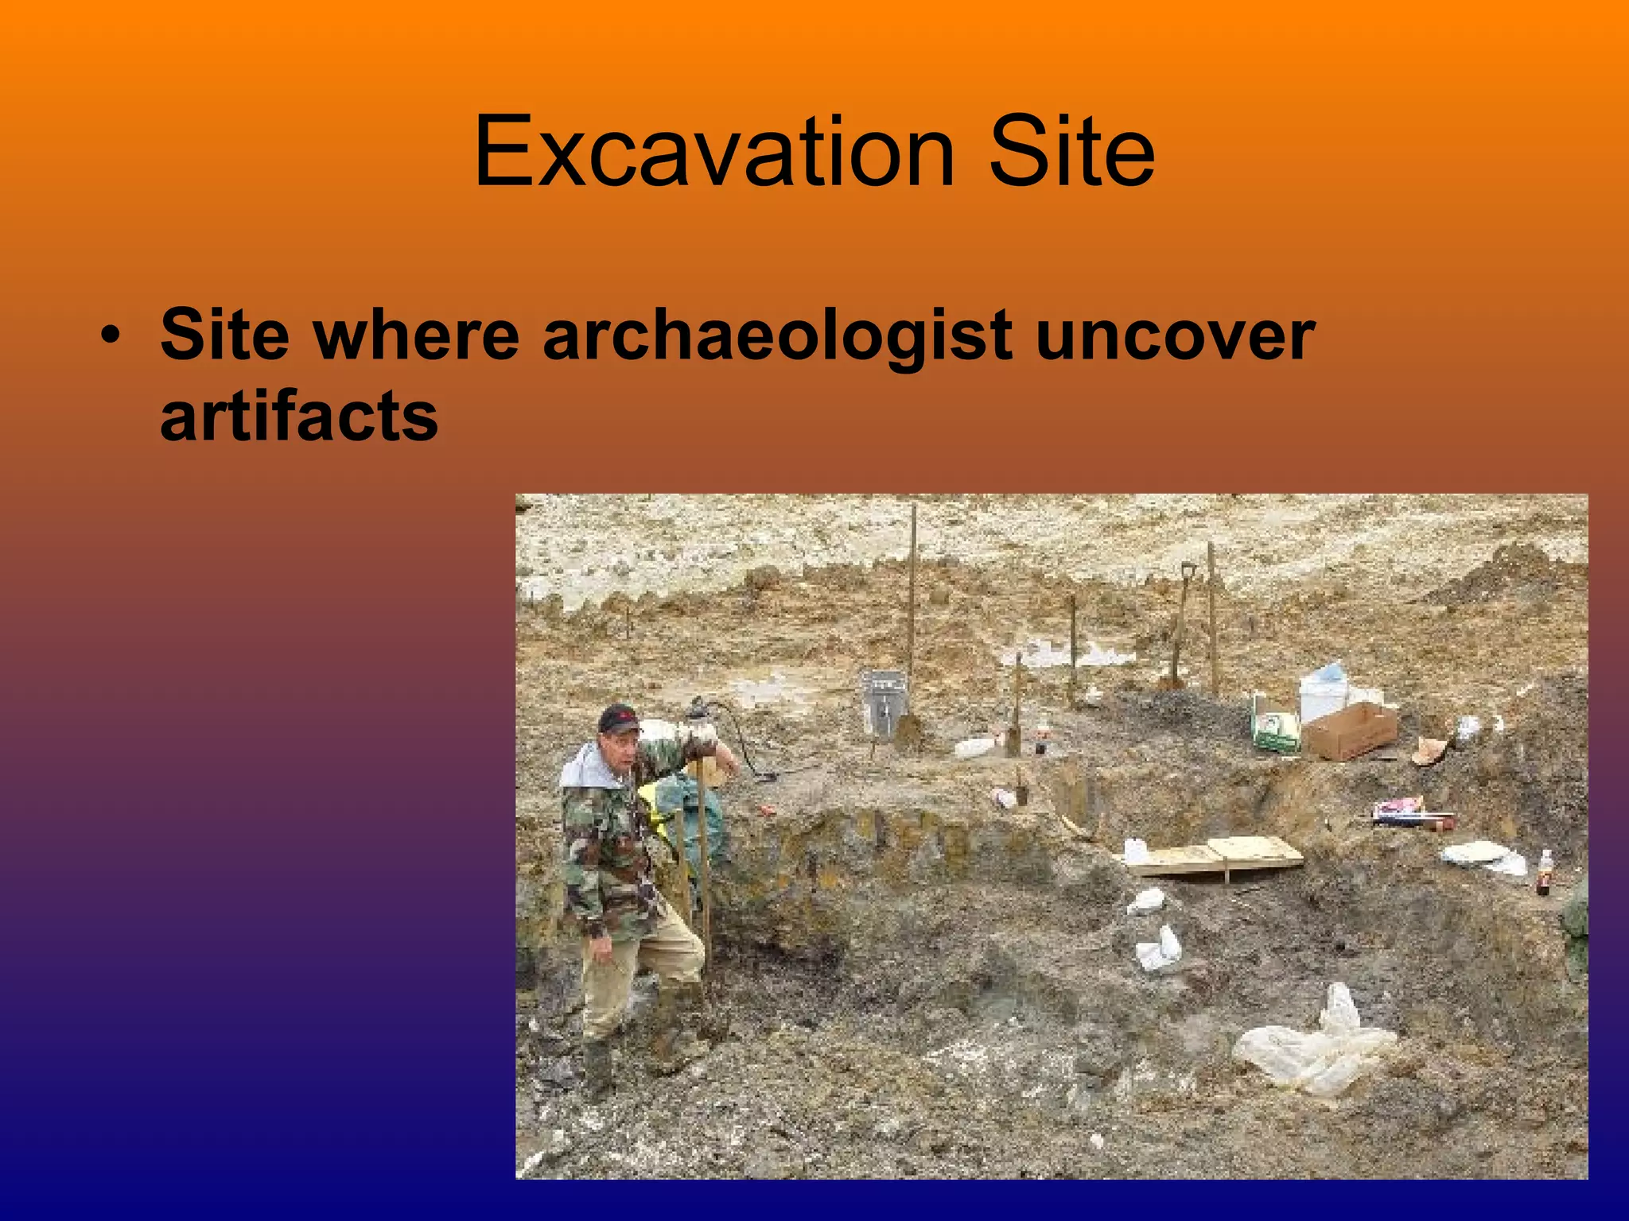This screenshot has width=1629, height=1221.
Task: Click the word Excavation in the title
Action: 713,153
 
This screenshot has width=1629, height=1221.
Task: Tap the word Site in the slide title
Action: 1071,153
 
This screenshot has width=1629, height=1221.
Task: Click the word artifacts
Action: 299,417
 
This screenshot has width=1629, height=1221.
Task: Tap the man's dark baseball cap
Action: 618,717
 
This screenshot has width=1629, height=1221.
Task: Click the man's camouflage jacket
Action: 609,843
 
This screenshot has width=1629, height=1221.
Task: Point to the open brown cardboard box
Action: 1350,730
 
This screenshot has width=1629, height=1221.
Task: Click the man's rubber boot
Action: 598,1065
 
